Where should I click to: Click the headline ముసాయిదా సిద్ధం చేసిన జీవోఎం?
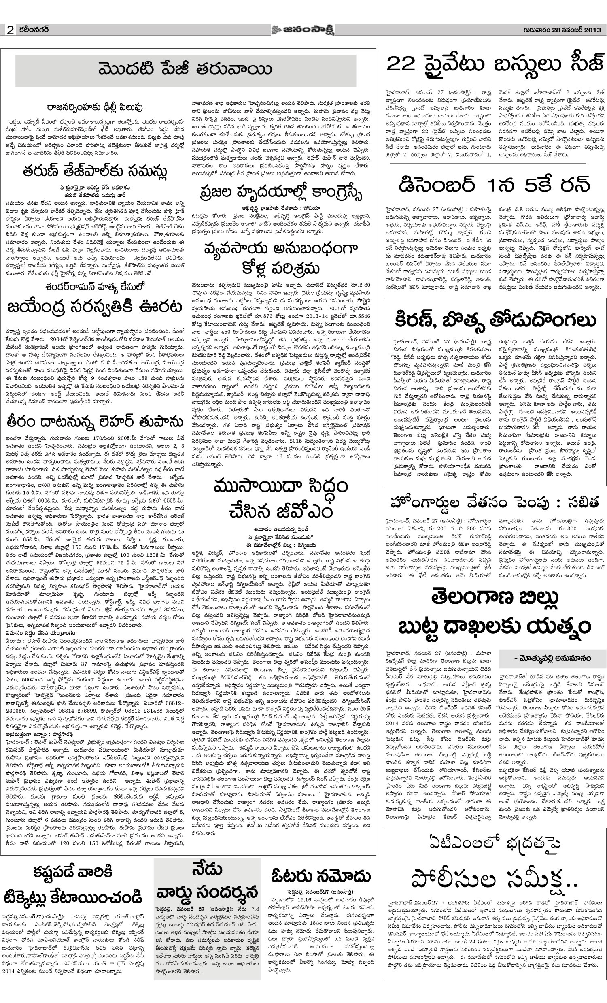point(281,498)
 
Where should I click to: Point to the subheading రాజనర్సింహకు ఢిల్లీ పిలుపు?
point(94,107)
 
